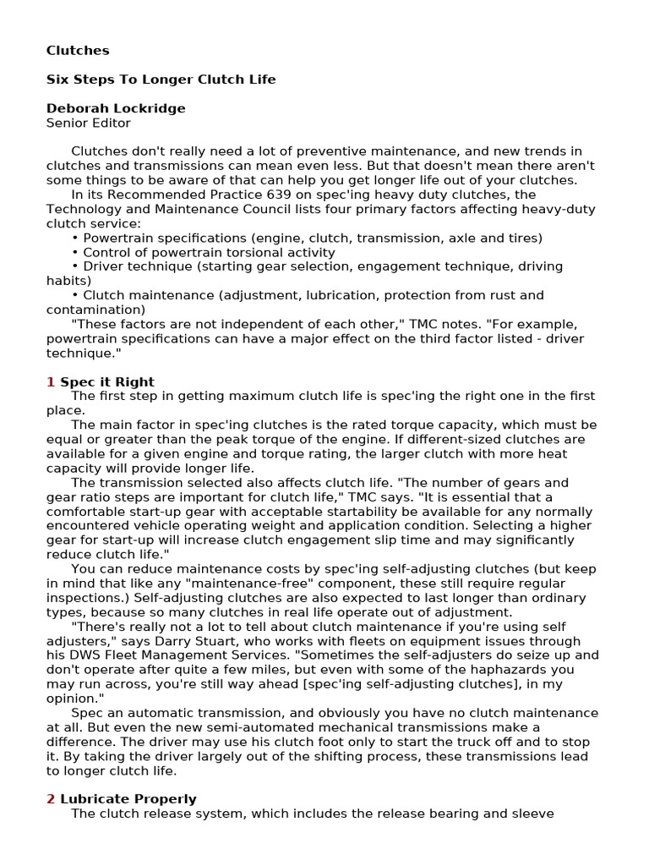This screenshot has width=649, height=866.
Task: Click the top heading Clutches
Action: pos(78,51)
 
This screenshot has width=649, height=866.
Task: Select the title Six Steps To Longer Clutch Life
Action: pos(161,79)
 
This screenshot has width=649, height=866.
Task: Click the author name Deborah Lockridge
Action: pos(116,108)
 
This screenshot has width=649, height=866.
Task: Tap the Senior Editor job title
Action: pos(88,123)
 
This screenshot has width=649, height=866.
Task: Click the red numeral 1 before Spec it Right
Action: pos(51,382)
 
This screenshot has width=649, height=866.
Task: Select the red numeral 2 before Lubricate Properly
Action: pos(51,799)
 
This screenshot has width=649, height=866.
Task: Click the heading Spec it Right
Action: pos(107,382)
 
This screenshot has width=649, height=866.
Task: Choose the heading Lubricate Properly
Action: pos(128,799)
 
